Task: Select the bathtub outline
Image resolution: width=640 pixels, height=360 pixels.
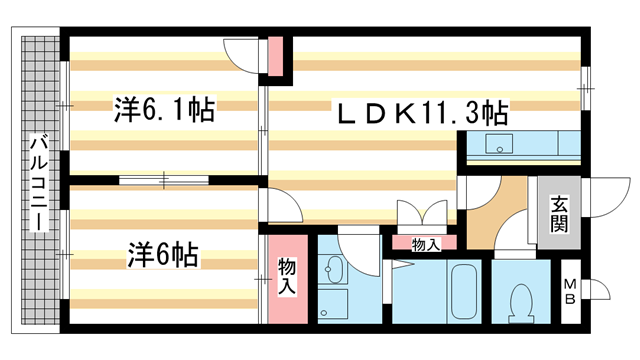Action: click(462, 291)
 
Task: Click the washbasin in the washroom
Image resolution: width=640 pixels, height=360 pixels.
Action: click(333, 270)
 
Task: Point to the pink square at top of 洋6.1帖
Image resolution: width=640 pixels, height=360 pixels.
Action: click(276, 57)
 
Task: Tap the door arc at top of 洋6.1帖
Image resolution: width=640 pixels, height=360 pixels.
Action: click(243, 52)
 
